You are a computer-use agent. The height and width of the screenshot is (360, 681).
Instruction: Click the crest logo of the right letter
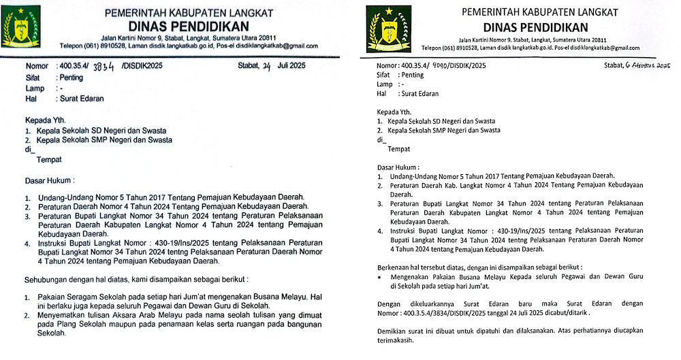389,29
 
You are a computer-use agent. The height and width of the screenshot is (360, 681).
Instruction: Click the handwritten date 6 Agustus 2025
644,65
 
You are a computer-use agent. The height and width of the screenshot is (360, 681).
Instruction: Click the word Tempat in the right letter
398,148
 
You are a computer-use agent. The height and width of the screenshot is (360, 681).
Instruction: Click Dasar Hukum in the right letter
398,166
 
